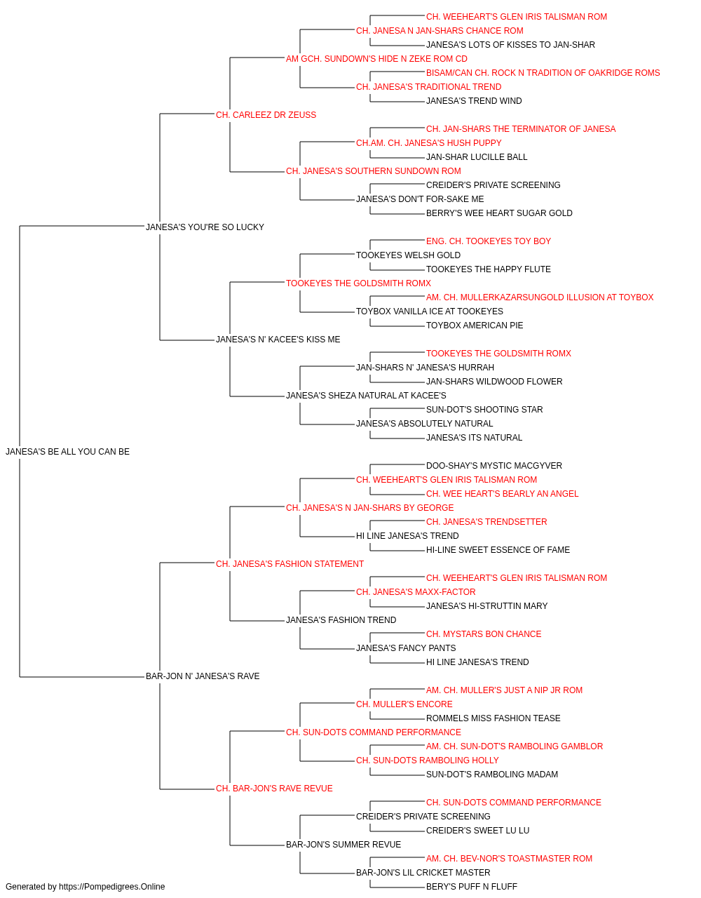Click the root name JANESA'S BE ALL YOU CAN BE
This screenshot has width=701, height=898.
pos(68,452)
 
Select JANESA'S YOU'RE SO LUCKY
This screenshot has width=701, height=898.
pos(205,227)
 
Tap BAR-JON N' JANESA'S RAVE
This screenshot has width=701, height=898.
pos(203,676)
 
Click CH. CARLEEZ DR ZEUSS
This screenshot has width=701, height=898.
pos(266,115)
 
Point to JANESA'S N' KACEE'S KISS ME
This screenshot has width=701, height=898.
pos(278,340)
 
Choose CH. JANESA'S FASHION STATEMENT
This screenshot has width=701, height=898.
pos(290,564)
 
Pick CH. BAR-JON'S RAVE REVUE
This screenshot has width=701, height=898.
pos(274,789)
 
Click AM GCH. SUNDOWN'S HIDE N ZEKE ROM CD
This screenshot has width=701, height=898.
pos(376,59)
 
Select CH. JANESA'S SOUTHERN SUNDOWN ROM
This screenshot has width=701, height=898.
pos(374,171)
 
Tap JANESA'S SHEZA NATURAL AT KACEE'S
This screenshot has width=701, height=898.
pos(366,396)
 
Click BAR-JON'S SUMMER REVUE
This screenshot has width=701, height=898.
pos(343,845)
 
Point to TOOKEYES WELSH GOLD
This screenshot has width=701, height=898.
pos(408,255)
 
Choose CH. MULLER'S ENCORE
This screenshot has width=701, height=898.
pos(404,704)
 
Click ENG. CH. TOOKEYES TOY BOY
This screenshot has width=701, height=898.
pos(489,241)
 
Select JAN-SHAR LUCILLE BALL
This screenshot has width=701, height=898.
pos(477,157)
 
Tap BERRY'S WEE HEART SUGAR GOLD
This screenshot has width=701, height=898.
pos(499,213)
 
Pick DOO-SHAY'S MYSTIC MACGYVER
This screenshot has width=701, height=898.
pos(494,466)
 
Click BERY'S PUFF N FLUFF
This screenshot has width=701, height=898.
pos(472,887)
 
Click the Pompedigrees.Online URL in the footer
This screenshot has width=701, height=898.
pos(112,887)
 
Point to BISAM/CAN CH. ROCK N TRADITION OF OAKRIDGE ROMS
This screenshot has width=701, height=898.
pos(543,73)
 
